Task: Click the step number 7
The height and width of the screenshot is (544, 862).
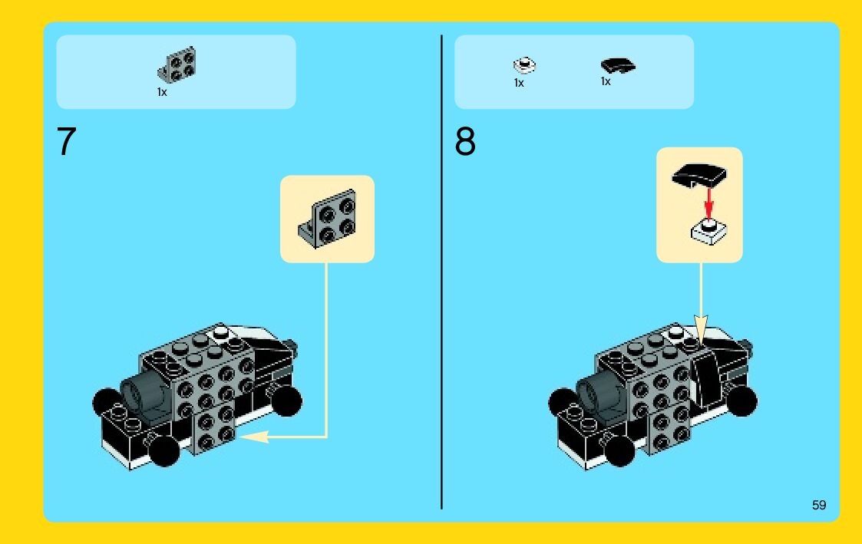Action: (66, 142)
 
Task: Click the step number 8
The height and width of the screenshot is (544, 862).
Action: (465, 142)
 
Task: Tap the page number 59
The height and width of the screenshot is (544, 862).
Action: (819, 505)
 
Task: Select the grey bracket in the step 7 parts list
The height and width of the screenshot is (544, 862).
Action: (177, 65)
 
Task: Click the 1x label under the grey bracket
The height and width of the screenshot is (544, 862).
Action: (162, 92)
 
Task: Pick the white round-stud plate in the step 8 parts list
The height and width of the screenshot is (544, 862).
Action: (524, 65)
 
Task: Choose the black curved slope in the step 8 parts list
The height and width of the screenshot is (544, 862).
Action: (618, 65)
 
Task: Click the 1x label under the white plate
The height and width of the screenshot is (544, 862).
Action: (519, 83)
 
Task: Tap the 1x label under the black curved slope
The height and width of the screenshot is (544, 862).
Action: (606, 81)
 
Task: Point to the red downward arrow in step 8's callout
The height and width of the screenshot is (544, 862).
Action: (709, 203)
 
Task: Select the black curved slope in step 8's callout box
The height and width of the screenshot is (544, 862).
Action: (699, 175)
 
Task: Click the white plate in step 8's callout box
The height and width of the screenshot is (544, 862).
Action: (708, 232)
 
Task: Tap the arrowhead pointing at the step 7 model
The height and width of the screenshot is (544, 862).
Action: (254, 437)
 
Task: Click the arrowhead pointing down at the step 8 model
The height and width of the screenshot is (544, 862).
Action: (701, 330)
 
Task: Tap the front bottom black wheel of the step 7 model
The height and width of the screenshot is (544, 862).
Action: (164, 450)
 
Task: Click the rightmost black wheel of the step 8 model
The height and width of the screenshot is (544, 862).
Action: (741, 401)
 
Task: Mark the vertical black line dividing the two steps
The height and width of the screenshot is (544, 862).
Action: (441, 272)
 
